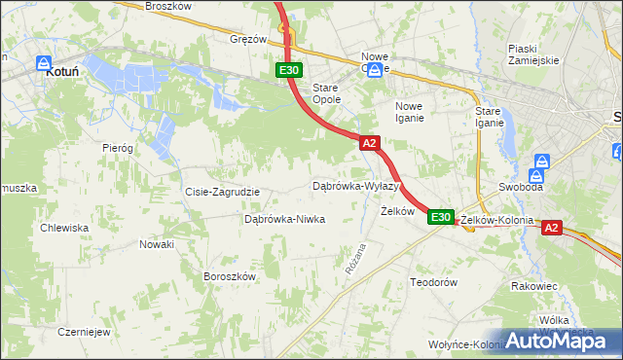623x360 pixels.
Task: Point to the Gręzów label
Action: [248, 40]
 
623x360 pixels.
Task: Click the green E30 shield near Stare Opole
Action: [289, 70]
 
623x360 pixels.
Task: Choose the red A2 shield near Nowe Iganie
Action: [369, 143]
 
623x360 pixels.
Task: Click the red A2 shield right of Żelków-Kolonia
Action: [551, 228]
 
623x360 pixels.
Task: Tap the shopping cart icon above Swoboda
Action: [543, 163]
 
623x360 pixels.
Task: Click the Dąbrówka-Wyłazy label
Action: [355, 186]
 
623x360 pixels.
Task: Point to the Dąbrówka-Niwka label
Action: [284, 220]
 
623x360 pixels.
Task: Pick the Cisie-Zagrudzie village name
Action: [222, 192]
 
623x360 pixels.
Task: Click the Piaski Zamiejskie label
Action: [532, 54]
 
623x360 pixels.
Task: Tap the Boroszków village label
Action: [230, 276]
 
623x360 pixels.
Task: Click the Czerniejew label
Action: [84, 331]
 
